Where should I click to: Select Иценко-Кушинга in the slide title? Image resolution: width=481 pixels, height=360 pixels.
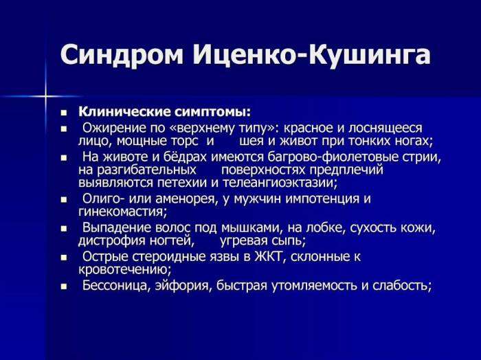tap(309, 55)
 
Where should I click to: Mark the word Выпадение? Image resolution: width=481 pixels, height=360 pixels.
tap(115, 228)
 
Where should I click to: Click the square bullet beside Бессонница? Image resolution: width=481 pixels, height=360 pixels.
tap(63, 286)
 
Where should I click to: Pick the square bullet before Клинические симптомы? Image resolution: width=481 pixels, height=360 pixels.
tap(63, 112)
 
